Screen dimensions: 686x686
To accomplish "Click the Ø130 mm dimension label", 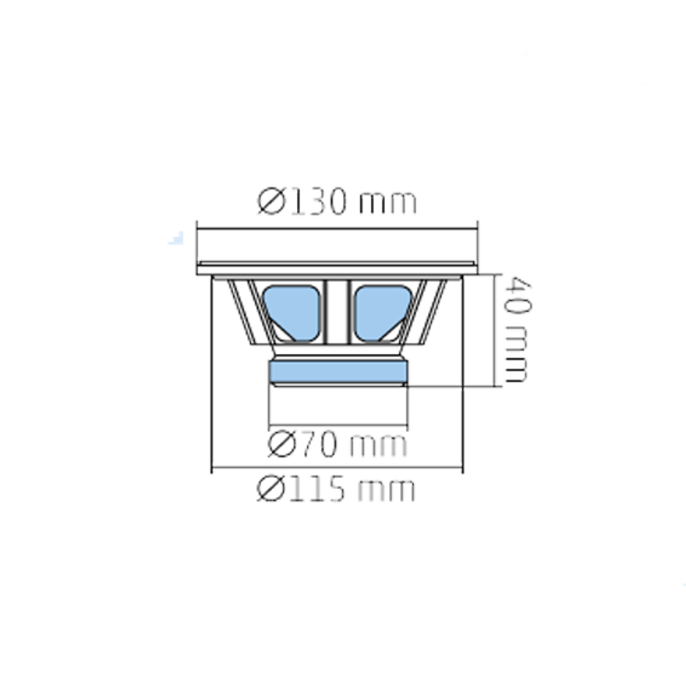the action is tap(337, 201).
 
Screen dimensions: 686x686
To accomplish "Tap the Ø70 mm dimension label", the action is tap(338, 444).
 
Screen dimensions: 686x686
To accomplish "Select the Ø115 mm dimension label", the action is tap(335, 489).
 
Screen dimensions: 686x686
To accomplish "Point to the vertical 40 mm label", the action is tap(517, 330).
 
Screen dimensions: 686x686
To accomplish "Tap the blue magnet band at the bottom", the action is tap(338, 371).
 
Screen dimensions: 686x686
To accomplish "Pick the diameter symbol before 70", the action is tap(281, 444).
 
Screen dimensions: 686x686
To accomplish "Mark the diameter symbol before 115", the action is tap(270, 489).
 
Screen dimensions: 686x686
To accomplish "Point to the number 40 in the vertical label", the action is tap(517, 295).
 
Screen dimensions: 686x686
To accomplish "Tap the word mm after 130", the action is tap(388, 204).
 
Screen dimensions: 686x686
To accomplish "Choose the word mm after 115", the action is tap(386, 491).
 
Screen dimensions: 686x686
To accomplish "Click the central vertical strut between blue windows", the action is tap(337, 311).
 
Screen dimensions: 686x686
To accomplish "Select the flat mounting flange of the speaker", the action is tap(337, 268).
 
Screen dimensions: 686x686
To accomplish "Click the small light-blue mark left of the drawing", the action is tap(176, 238).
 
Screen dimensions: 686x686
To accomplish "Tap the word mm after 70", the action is tap(379, 446).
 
